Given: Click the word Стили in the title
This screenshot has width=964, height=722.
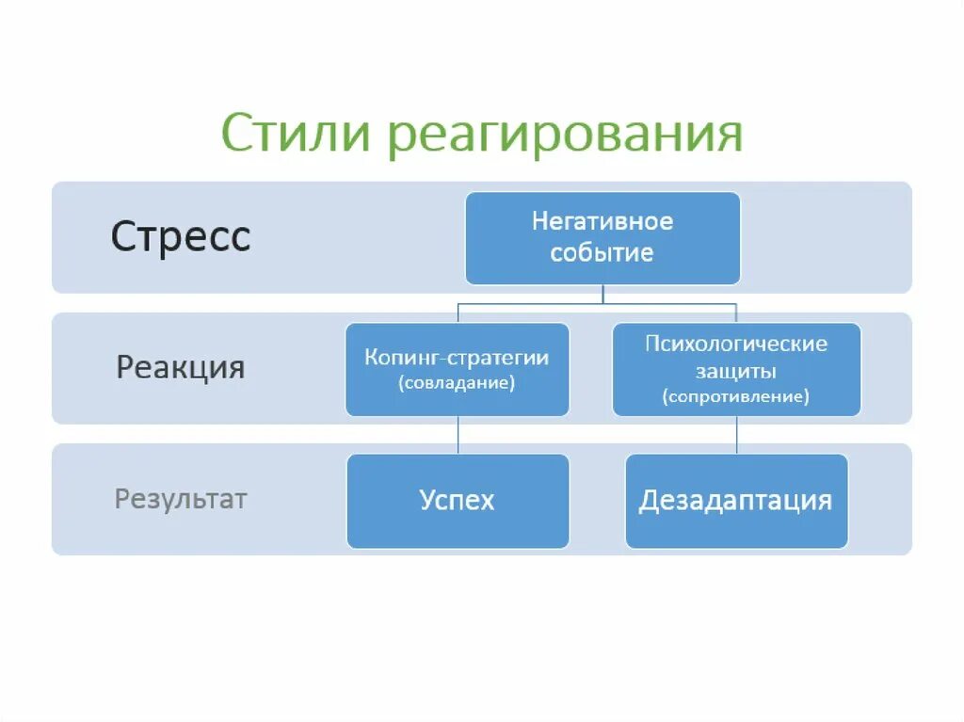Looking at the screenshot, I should tap(295, 135).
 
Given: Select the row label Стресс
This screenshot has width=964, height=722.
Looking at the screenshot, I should tap(181, 236).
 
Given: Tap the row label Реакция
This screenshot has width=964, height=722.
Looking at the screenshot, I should tap(181, 366).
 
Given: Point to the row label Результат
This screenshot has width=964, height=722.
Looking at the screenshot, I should tap(181, 498).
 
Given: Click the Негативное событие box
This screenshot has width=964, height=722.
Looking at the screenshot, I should tap(602, 238).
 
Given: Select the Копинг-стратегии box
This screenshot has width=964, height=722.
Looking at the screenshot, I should tap(457, 369).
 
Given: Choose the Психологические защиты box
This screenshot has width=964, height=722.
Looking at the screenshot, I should tap(736, 369).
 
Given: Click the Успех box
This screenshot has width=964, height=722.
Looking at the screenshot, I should tap(458, 501).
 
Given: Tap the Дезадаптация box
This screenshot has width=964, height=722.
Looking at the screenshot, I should tap(736, 501).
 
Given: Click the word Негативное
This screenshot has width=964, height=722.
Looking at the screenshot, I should tap(602, 222).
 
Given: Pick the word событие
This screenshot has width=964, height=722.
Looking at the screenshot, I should tap(602, 253).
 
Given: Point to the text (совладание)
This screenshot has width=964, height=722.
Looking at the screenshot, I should tap(457, 384).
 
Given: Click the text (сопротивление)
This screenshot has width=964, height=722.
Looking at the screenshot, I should tap(736, 397).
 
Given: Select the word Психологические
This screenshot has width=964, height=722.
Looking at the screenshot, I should tap(736, 344).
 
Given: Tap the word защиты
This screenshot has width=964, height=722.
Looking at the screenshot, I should tap(736, 371).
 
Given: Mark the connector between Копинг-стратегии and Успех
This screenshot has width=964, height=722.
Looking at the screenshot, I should tap(458, 435).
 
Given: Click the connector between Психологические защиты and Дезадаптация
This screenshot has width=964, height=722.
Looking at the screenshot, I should tap(736, 435).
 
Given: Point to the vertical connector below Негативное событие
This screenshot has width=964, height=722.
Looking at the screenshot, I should tap(602, 294).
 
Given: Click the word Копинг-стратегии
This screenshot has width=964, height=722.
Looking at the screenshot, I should tap(457, 359).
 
